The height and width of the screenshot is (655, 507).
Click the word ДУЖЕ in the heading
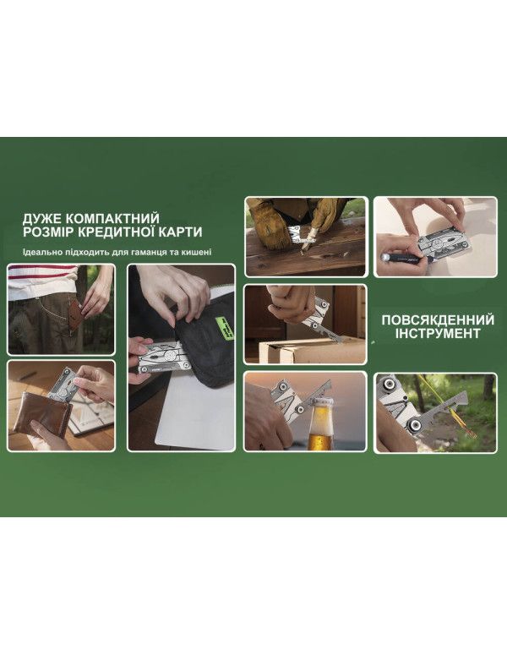[42, 217]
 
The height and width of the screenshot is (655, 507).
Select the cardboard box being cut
[296, 351]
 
